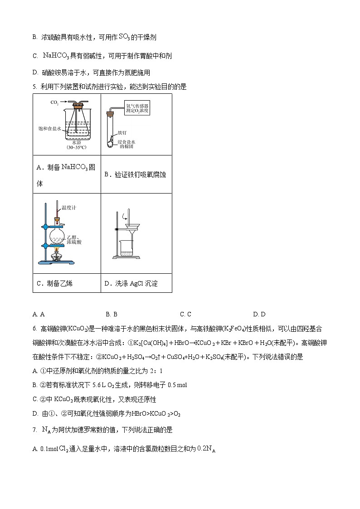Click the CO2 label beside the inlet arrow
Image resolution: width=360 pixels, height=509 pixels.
pyautogui.click(x=54, y=102)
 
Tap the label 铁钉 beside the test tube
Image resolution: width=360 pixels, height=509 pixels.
pyautogui.click(x=122, y=133)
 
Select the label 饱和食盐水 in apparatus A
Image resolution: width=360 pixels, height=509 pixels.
pyautogui.click(x=49, y=129)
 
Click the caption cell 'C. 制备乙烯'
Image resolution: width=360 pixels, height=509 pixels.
pyautogui.click(x=54, y=283)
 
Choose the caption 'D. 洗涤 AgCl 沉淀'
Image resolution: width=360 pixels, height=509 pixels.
pyautogui.click(x=131, y=283)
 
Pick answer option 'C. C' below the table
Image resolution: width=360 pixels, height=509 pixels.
pyautogui.click(x=185, y=314)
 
